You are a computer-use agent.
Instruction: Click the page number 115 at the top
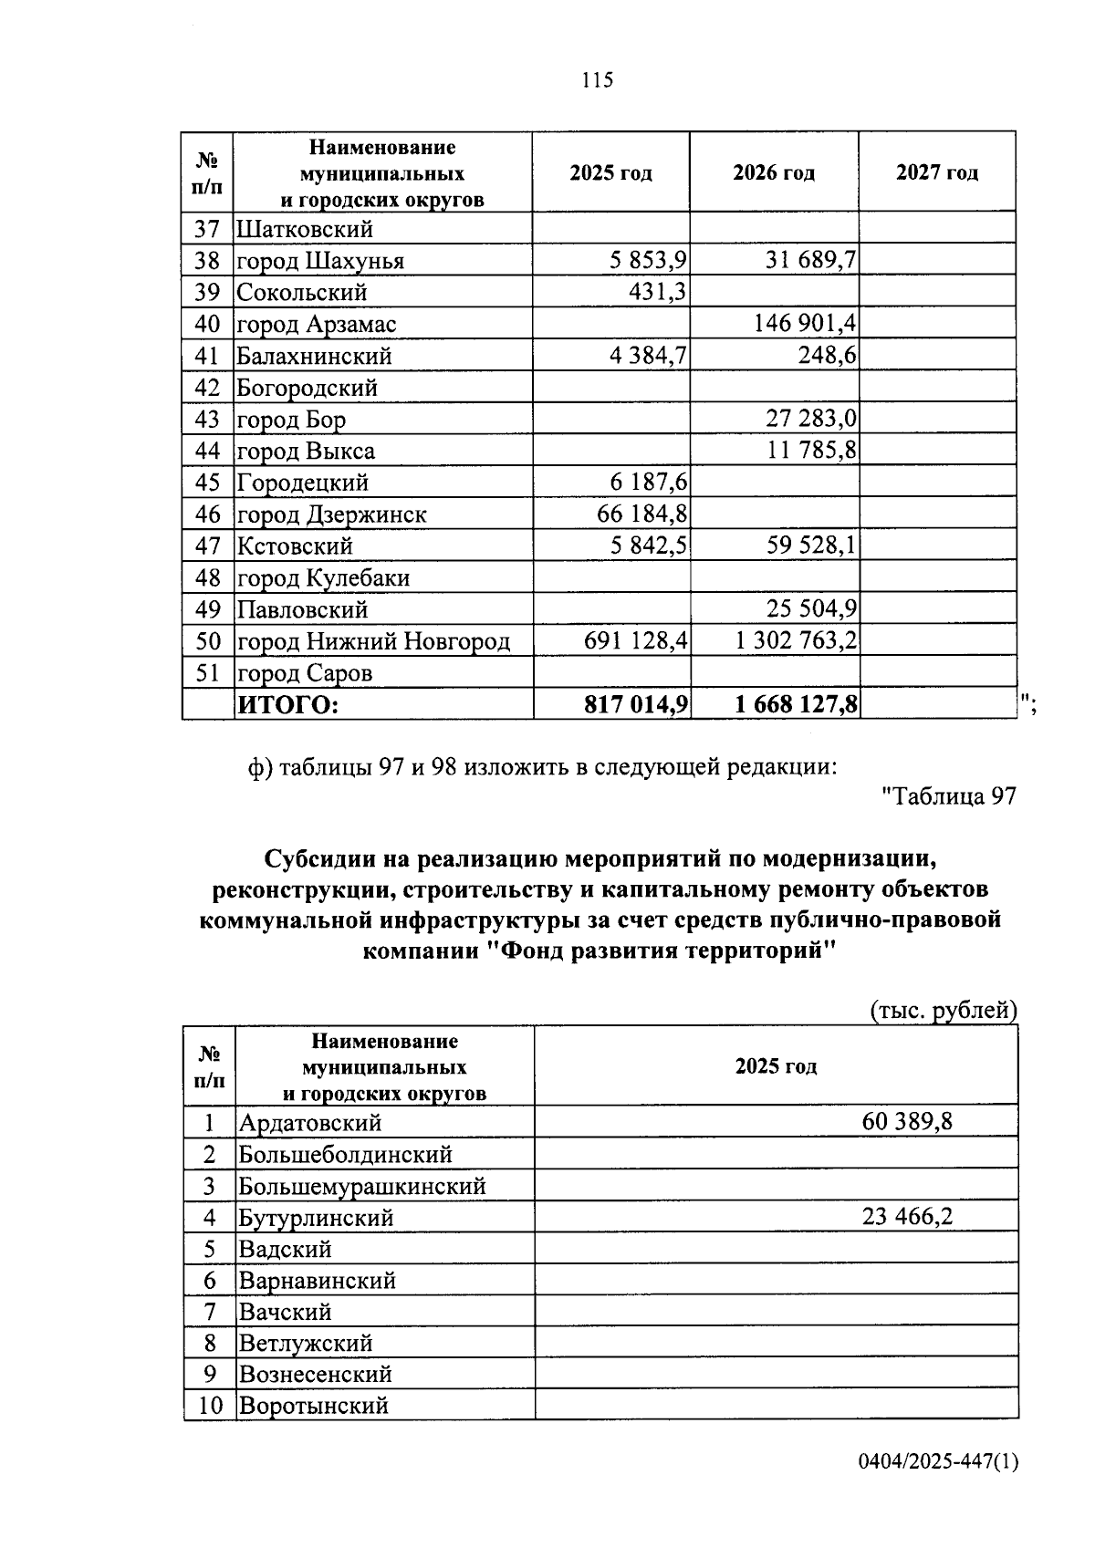(x=598, y=80)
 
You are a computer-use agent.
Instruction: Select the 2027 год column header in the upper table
(x=937, y=172)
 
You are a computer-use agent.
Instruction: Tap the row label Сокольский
(x=302, y=293)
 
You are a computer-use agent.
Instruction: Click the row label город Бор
(x=292, y=420)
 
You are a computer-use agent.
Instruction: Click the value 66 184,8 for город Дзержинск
(x=641, y=514)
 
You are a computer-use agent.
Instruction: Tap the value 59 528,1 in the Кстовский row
(x=811, y=545)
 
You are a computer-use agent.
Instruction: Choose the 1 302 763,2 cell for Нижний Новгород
(x=796, y=641)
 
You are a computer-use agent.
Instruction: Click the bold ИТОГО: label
(x=287, y=705)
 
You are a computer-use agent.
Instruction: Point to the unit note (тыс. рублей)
(x=942, y=1011)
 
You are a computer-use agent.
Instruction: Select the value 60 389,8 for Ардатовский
(x=907, y=1121)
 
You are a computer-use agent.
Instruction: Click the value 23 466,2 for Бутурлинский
(x=907, y=1217)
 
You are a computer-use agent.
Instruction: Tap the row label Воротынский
(x=314, y=1406)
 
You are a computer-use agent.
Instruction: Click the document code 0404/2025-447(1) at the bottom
(x=938, y=1488)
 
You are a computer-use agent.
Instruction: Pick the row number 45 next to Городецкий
(x=208, y=483)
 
